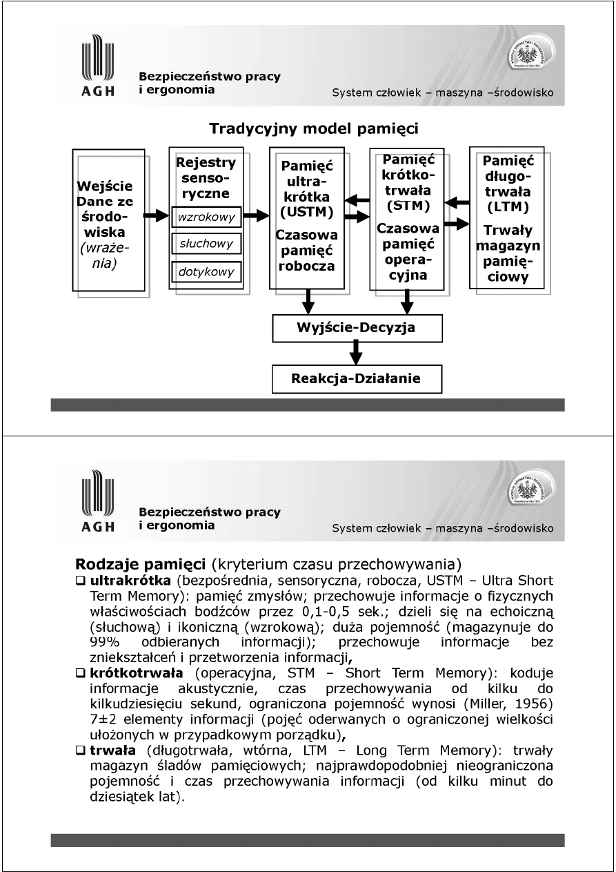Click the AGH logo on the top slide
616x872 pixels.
98,69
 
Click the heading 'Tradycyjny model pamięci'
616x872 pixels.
314,128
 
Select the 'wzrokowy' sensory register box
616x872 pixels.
206,217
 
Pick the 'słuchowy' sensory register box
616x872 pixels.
206,244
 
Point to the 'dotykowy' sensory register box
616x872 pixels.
206,271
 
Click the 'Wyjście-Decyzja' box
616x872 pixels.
356,327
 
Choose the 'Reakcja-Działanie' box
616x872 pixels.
356,378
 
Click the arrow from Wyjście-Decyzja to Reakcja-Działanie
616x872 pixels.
356,353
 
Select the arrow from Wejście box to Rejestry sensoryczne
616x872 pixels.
157,217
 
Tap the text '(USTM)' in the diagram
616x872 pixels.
307,212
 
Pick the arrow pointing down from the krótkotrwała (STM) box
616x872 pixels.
407,300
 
